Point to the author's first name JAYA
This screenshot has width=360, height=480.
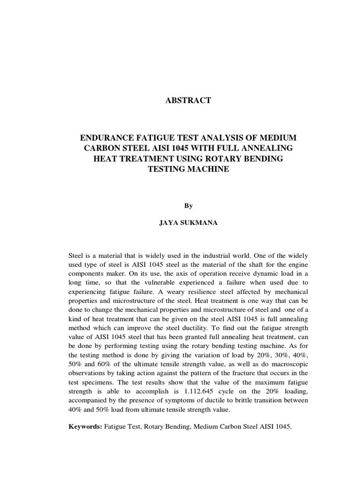tap(169, 224)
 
